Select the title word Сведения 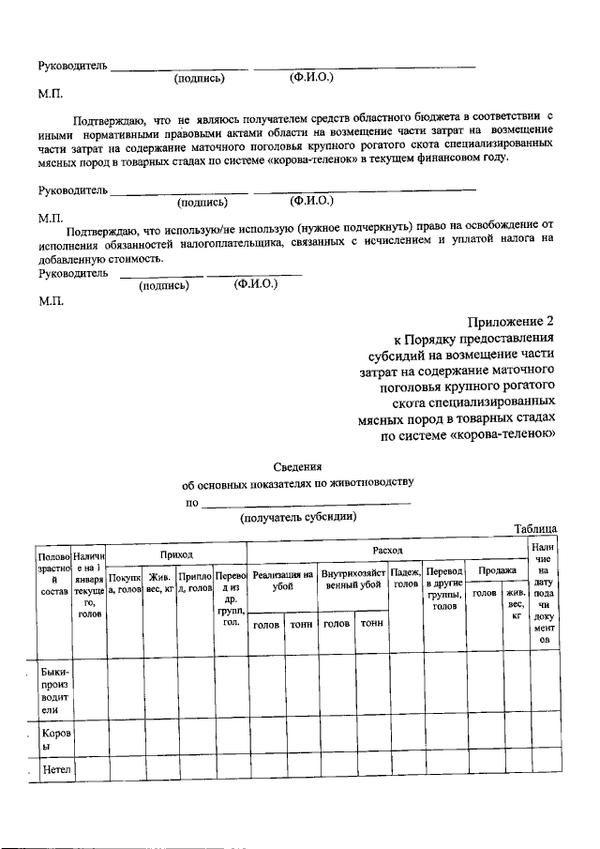pos(298,466)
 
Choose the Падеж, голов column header pos(405,577)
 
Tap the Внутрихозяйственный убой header pos(352,579)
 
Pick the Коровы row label pos(54,740)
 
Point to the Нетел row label pos(56,771)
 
